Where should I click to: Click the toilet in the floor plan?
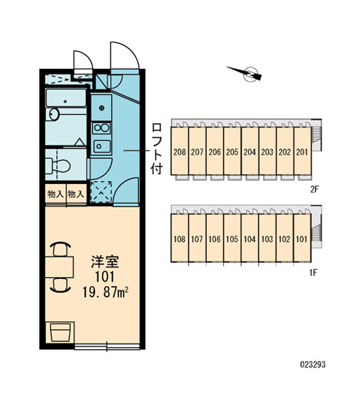[x=58, y=166]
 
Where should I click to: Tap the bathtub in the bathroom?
[x=66, y=98]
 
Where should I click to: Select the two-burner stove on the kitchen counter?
[x=101, y=128]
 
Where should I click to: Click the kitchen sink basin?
[x=101, y=146]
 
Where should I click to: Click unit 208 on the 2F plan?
[x=179, y=151]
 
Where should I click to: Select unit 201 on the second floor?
[x=302, y=151]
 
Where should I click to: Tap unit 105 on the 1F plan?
[x=232, y=238]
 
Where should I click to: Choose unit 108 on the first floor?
[x=179, y=238]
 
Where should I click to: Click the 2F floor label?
[x=314, y=189]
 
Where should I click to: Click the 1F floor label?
[x=314, y=272]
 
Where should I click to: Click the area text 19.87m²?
[x=106, y=292]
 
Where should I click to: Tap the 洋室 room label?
[x=105, y=262]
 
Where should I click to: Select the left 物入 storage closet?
[x=55, y=194]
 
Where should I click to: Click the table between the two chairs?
[x=60, y=267]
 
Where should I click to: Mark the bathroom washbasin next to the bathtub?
[x=53, y=114]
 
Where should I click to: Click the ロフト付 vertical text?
[x=157, y=149]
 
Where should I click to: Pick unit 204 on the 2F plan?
[x=249, y=151]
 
